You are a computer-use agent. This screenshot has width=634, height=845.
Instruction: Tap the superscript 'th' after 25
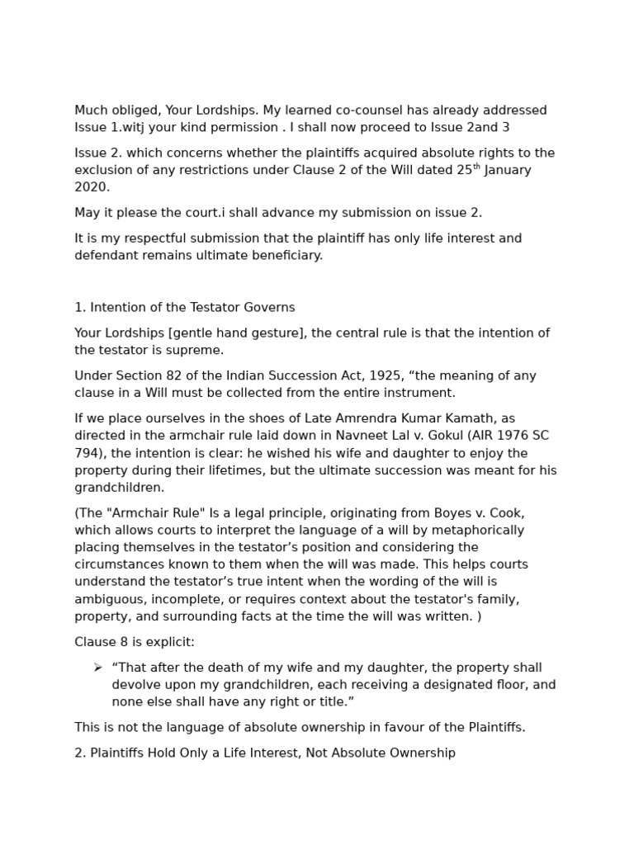point(476,167)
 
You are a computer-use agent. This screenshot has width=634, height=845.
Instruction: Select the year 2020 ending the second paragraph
point(91,187)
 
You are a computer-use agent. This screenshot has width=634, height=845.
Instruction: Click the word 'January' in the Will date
point(508,170)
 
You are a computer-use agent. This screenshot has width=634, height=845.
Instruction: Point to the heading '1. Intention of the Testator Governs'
point(184,308)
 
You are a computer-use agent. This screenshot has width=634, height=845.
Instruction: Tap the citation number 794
point(86,453)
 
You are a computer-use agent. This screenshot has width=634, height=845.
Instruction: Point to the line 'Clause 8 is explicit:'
point(135,642)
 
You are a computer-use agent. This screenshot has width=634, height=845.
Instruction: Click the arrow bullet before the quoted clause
point(97,668)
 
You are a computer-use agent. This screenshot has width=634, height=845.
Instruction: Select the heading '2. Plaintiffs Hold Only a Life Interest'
point(264,753)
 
